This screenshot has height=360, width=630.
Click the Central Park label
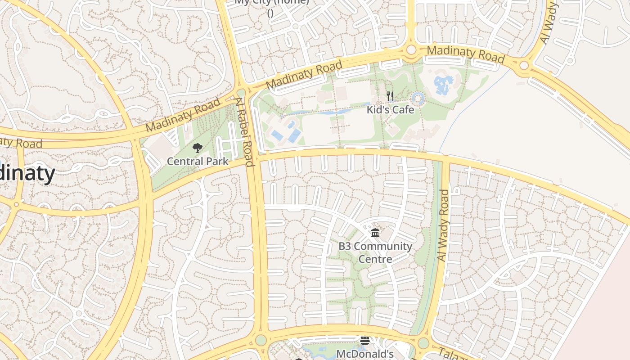[x=198, y=161]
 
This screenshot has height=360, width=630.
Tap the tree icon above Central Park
[x=197, y=148]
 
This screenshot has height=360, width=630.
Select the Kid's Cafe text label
[x=390, y=109]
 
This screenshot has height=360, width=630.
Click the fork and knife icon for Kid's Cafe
[x=390, y=96]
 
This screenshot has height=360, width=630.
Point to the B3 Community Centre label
[x=375, y=252]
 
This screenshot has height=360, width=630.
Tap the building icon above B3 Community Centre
[x=375, y=233]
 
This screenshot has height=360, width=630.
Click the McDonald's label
[x=365, y=354]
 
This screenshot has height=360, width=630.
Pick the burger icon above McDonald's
[x=364, y=341]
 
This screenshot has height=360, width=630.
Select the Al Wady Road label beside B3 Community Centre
[x=443, y=225]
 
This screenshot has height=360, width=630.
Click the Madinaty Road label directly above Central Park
[x=183, y=115]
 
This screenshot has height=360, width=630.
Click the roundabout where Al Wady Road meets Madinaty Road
[x=524, y=66]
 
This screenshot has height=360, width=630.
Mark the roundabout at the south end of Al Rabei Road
[x=261, y=340]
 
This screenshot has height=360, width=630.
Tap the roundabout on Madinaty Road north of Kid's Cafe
[x=411, y=50]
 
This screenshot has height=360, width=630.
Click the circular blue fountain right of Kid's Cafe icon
[x=418, y=98]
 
